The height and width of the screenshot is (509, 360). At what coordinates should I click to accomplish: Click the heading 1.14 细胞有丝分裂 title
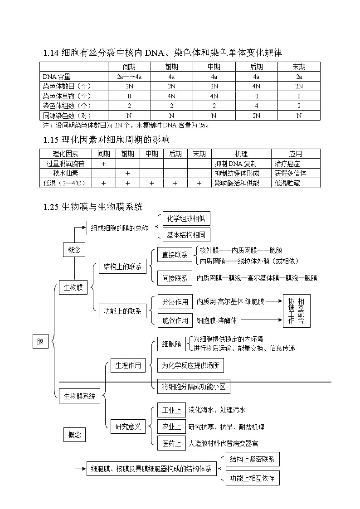click(x=163, y=53)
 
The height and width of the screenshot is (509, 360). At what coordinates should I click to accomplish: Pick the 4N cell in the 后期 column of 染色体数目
click(x=256, y=86)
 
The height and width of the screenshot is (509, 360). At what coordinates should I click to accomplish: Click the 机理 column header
click(x=241, y=154)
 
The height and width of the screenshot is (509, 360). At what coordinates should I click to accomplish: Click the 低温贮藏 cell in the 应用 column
click(x=287, y=183)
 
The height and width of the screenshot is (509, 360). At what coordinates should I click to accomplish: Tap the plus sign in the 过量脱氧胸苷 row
click(x=103, y=164)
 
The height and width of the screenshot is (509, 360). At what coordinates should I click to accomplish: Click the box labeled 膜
click(x=41, y=342)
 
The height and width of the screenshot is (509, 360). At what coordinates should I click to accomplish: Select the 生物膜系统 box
click(x=79, y=396)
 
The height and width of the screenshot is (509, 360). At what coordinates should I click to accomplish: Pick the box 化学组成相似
click(x=186, y=219)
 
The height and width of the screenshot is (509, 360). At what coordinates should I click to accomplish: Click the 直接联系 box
click(x=175, y=255)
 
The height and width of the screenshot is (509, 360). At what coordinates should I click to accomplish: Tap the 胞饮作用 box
click(x=175, y=320)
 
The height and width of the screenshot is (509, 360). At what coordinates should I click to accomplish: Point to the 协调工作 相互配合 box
click(x=297, y=311)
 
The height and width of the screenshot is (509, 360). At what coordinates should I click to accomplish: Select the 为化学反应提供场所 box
click(x=190, y=365)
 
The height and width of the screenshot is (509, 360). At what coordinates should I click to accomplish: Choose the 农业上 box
click(x=171, y=427)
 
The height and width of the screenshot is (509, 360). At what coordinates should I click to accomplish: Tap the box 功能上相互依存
click(x=253, y=478)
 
